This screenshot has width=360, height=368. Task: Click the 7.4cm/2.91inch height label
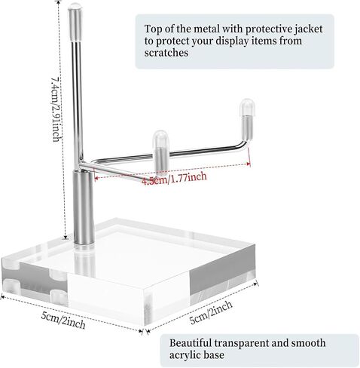pos(56,109)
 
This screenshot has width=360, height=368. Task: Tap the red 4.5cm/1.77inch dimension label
pos(175,178)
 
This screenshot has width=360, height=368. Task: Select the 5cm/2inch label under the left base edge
pos(63,321)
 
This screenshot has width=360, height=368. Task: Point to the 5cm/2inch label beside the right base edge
pos(211,312)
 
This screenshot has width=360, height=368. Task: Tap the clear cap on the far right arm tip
pos(247,108)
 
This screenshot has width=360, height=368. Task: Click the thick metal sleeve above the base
pos(84,207)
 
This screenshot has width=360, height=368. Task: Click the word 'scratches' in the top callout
pos(166,53)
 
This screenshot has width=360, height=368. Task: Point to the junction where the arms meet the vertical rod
pos(81,162)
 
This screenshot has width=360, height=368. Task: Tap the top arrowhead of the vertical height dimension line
pos(58,2)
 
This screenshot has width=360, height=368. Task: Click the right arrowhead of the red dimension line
pos(249,164)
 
